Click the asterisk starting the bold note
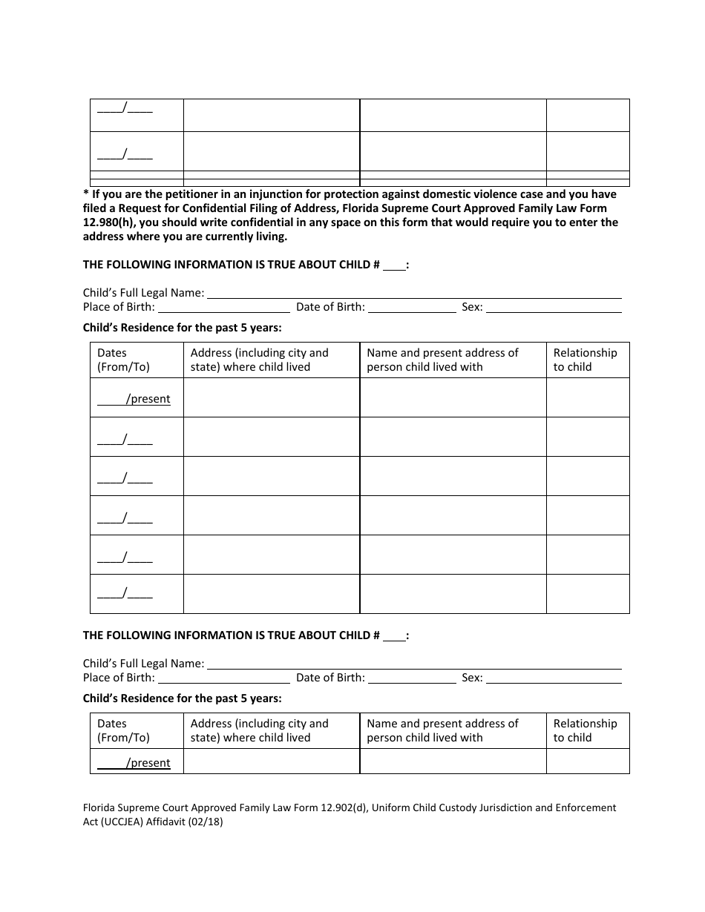(x=86, y=194)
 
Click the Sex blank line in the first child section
(x=554, y=307)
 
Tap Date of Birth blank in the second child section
(x=412, y=678)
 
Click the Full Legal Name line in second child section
(x=414, y=664)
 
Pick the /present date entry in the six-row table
(x=134, y=399)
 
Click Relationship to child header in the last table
(x=585, y=730)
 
